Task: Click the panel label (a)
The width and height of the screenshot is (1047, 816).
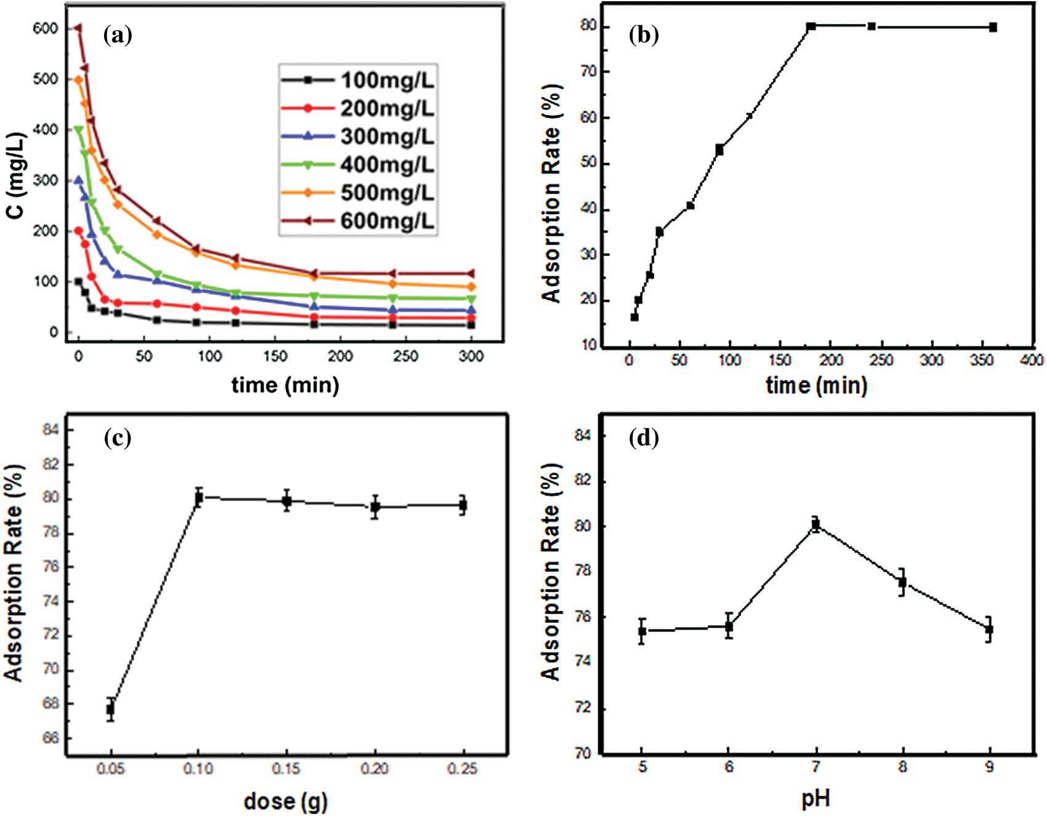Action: [x=118, y=36]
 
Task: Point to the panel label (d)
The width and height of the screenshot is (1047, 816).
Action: [x=644, y=438]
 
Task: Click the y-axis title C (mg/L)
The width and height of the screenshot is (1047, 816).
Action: [x=17, y=176]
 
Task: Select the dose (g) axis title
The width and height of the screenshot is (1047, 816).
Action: [x=286, y=801]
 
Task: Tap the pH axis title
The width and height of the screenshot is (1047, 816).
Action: [x=816, y=798]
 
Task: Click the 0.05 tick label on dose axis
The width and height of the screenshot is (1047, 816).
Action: [x=111, y=769]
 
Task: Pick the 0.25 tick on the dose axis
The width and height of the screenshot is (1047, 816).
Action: [x=462, y=769]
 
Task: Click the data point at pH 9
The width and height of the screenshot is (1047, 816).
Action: [x=989, y=630]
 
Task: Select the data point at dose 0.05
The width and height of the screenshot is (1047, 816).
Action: [x=111, y=709]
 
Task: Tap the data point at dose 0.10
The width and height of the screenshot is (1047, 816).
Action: [x=198, y=497]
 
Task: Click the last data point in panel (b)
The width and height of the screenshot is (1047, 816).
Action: [x=993, y=27]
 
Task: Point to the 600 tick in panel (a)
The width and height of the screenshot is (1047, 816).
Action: [x=46, y=29]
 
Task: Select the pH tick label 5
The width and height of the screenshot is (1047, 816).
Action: [x=642, y=767]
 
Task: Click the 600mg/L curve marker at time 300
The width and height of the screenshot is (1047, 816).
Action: [x=471, y=273]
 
